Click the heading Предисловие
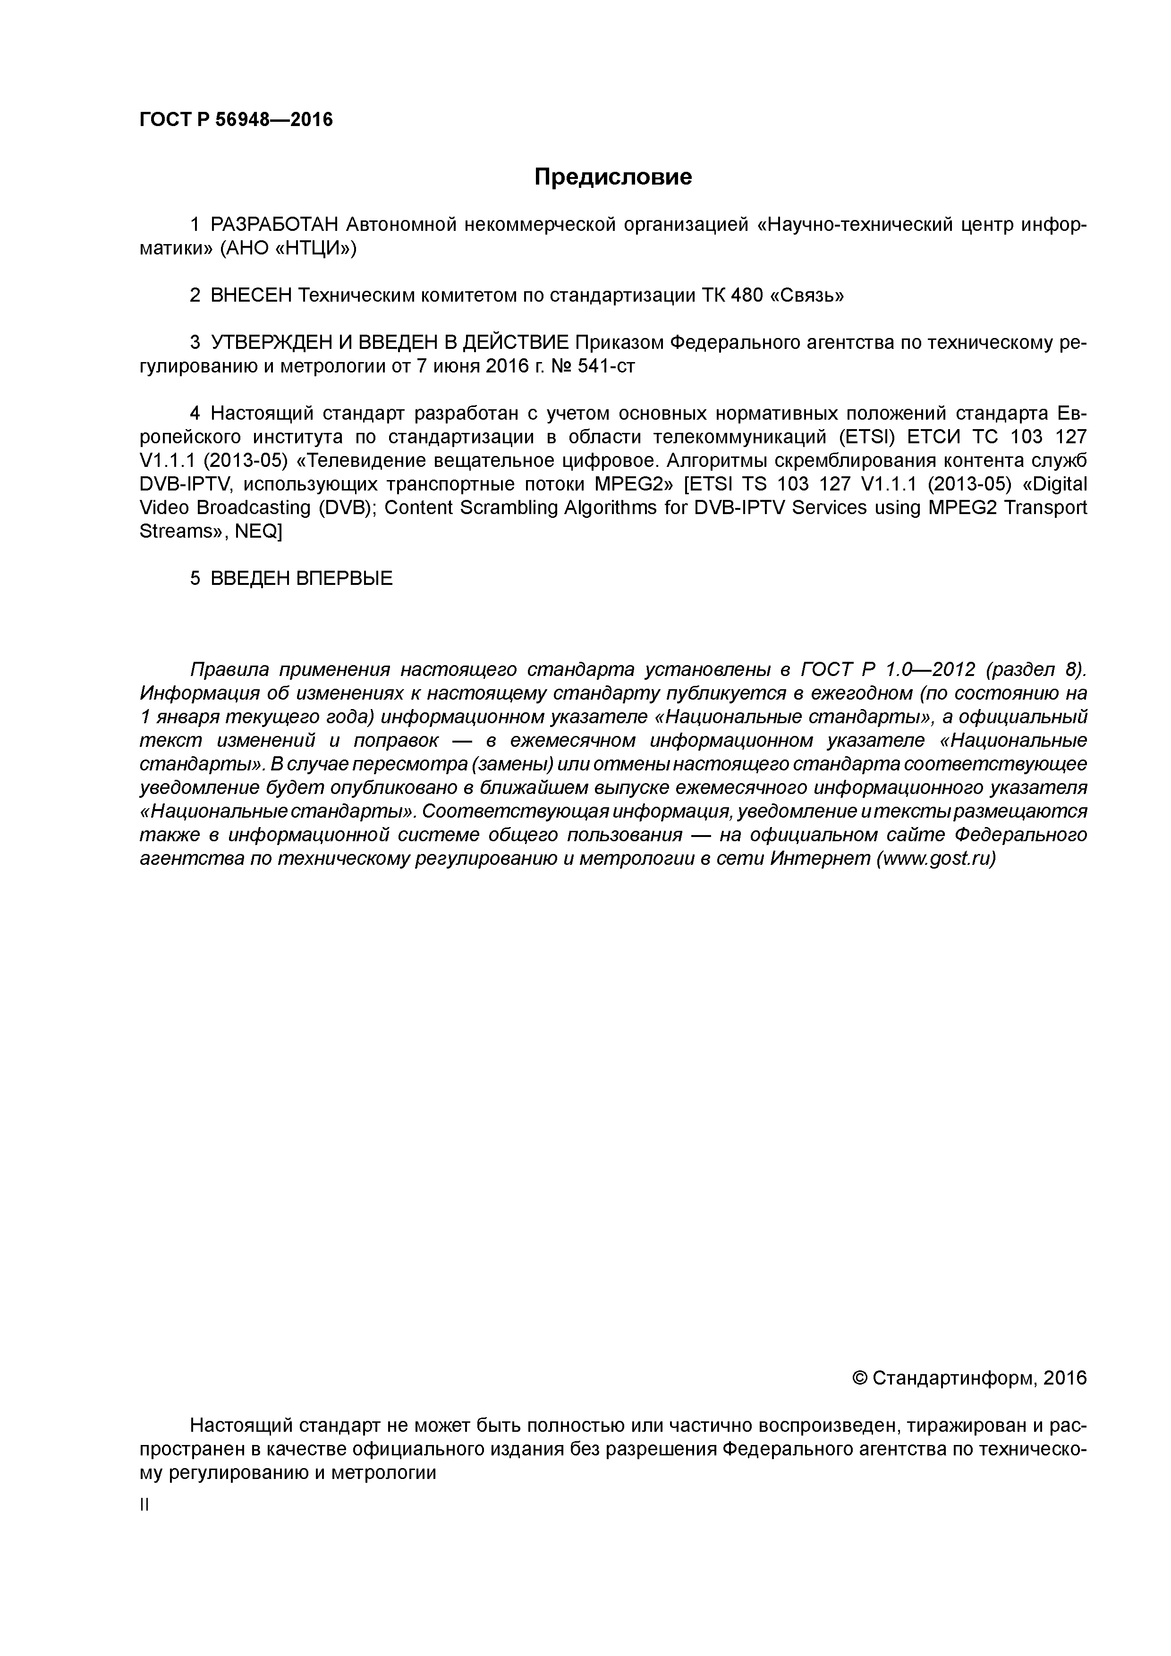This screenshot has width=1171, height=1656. pos(612,177)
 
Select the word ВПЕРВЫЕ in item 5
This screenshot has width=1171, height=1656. pos(344,578)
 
